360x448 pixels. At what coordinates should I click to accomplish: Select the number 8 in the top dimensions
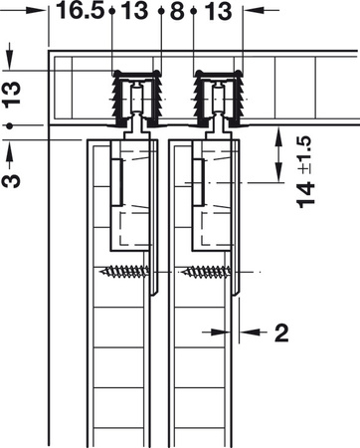[177, 12]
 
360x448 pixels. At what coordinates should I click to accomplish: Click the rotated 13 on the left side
[12, 95]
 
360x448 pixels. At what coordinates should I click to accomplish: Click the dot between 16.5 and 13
[114, 12]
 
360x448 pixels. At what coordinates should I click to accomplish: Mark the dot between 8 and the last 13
[195, 12]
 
